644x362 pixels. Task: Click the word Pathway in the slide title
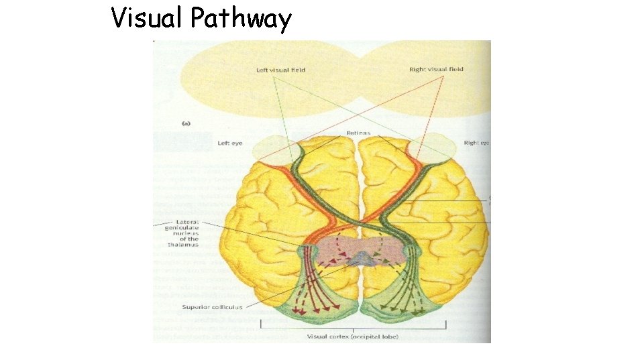click(x=241, y=19)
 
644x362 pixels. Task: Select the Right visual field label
click(x=436, y=69)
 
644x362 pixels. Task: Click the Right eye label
click(x=476, y=143)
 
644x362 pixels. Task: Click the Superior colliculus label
click(x=211, y=307)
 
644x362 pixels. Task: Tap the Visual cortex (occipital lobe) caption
click(x=352, y=336)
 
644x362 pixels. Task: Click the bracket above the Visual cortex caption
click(x=352, y=328)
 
